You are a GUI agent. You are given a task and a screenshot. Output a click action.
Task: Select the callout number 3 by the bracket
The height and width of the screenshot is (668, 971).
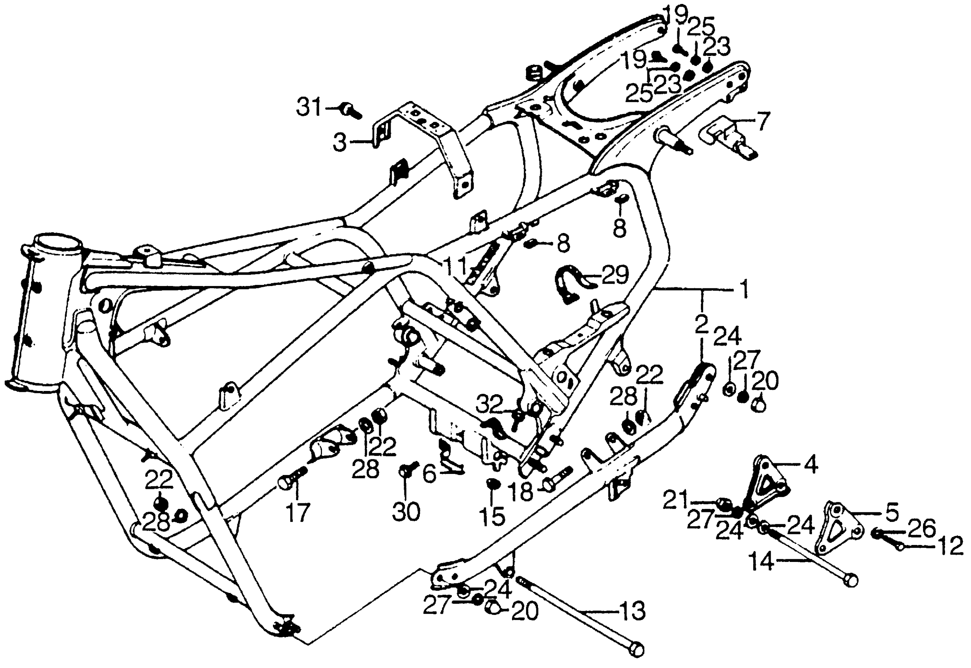(x=340, y=143)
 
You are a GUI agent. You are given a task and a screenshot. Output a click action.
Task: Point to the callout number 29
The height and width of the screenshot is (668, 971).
(x=615, y=275)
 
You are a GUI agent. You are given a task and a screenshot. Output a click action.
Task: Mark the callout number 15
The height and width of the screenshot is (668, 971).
(x=493, y=516)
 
